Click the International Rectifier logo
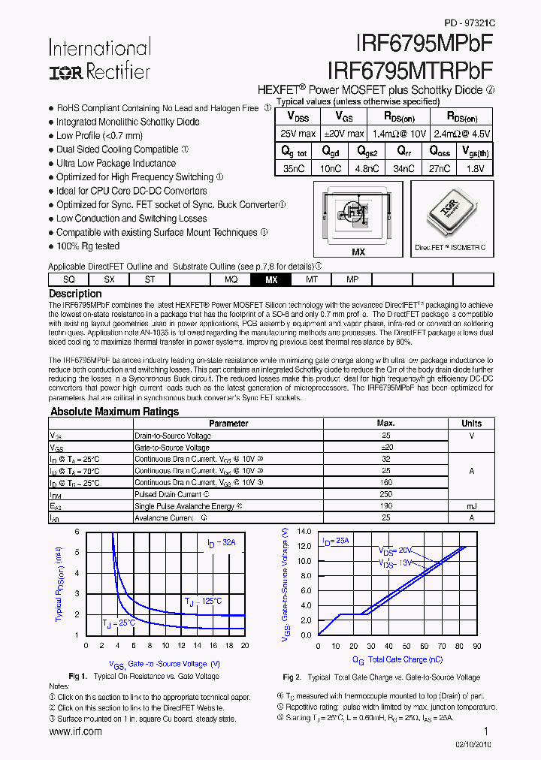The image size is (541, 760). tap(100, 60)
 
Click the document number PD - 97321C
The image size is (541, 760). tap(470, 23)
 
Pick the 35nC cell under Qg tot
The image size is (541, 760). tap(294, 169)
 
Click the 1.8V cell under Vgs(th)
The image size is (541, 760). tap(473, 169)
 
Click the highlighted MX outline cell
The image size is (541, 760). tap(271, 279)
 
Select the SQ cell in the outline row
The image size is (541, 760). tap(69, 279)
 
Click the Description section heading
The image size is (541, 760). tap(75, 294)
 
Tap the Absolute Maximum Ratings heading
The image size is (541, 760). tap(114, 412)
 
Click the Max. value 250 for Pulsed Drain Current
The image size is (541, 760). tap(386, 494)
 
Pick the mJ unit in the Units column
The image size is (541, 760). tap(471, 506)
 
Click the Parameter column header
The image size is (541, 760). tap(228, 424)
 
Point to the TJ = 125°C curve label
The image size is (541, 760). tap(204, 601)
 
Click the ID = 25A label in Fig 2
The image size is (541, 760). tap(335, 541)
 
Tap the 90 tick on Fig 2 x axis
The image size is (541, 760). tap(479, 646)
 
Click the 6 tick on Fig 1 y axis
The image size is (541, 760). tap(77, 532)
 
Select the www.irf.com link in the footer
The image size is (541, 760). tap(75, 731)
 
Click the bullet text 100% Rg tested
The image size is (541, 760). tap(87, 246)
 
